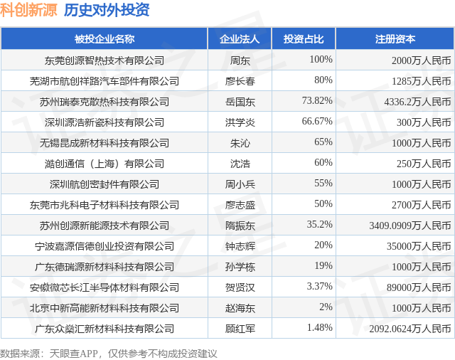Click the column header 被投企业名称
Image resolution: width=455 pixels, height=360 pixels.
click(x=105, y=39)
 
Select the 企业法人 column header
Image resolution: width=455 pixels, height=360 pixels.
click(x=240, y=39)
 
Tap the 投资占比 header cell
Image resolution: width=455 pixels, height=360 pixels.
click(x=304, y=39)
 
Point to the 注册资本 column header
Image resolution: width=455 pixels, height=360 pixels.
click(x=395, y=39)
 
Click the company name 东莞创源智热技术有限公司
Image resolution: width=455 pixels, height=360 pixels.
click(x=105, y=60)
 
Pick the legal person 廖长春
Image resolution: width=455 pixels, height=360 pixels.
click(x=240, y=81)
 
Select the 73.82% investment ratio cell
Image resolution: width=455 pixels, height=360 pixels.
click(x=317, y=100)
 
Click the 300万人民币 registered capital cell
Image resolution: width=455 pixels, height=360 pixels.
click(x=424, y=122)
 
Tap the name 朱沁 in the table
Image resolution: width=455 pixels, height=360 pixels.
click(x=240, y=143)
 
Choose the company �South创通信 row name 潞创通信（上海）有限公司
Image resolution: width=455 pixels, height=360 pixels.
click(x=105, y=164)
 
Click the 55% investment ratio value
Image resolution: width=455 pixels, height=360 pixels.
click(x=323, y=183)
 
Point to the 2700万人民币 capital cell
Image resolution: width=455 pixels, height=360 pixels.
click(x=422, y=205)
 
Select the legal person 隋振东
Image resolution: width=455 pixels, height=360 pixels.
click(x=240, y=226)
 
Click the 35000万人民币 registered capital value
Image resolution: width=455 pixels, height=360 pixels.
click(x=419, y=246)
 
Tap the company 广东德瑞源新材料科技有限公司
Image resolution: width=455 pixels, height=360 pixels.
click(x=105, y=267)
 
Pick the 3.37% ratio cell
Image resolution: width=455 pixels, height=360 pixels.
click(x=320, y=286)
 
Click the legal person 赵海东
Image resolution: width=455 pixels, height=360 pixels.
click(x=240, y=308)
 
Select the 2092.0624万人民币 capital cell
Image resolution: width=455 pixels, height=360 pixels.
click(x=410, y=329)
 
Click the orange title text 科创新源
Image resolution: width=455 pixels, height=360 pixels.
click(x=28, y=10)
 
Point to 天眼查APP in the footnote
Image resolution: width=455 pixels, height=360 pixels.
click(x=74, y=354)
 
